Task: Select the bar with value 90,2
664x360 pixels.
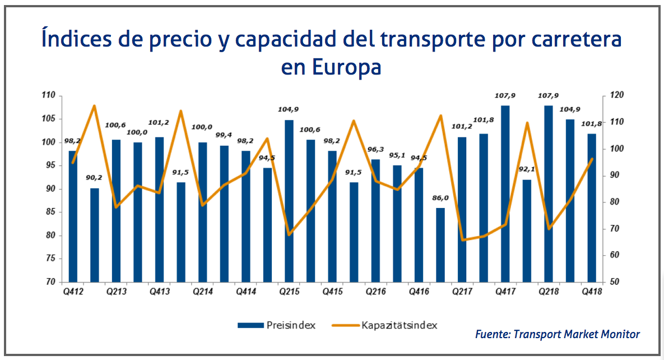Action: [95, 235]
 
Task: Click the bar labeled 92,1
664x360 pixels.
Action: [527, 230]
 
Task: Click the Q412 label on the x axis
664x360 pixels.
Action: [72, 292]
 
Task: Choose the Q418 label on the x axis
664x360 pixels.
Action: [592, 292]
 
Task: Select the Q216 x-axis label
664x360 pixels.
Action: [375, 292]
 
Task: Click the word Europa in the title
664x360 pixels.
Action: [346, 67]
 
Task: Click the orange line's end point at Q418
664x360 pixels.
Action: [592, 159]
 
